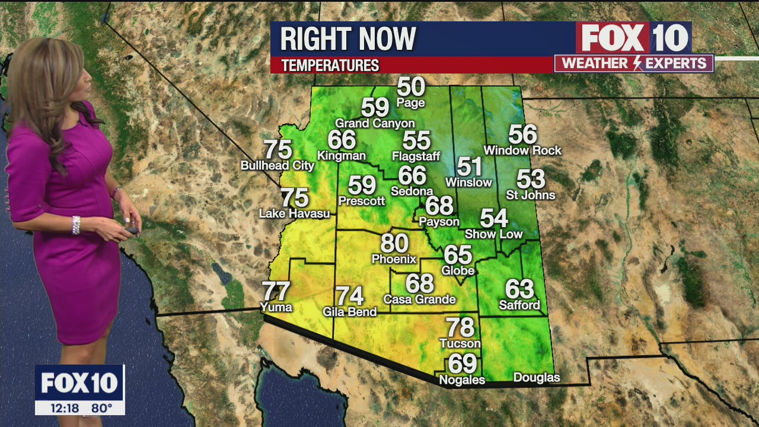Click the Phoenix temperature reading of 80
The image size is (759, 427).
point(394,243)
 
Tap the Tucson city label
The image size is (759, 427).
point(460,343)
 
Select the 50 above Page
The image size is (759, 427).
point(411,87)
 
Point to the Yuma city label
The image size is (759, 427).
point(276,307)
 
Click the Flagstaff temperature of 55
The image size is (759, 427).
point(416,141)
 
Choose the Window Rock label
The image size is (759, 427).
point(522,151)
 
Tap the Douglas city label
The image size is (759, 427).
point(536,378)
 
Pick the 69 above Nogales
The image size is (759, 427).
point(462,363)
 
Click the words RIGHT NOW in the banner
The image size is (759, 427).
point(348,39)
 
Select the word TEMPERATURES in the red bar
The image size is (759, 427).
point(330,65)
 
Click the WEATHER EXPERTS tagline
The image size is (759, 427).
point(634,63)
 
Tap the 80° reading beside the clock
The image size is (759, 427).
point(102,408)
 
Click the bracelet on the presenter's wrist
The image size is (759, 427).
point(76,225)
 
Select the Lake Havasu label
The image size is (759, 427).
point(294,213)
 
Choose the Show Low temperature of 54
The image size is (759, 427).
point(494,218)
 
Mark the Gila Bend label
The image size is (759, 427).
point(350,312)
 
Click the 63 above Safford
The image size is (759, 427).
point(519,289)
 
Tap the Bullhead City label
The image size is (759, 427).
point(277,165)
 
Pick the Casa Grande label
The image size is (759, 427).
point(419,299)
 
